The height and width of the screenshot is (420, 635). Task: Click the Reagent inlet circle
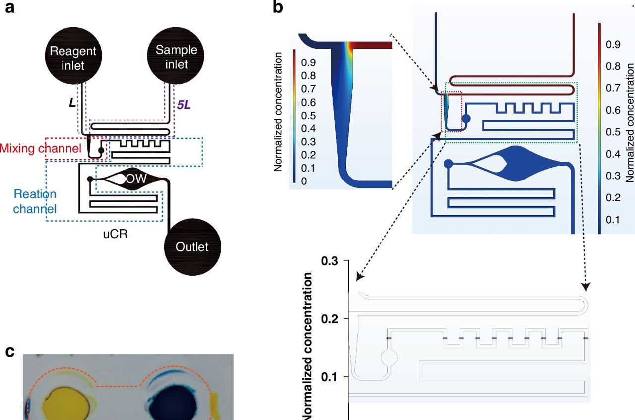pyautogui.click(x=73, y=58)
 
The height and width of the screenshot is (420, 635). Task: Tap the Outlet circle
pyautogui.click(x=192, y=246)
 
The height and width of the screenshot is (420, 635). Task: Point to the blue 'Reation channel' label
pyautogui.click(x=35, y=201)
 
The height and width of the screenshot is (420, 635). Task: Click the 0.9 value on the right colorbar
pyautogui.click(x=613, y=45)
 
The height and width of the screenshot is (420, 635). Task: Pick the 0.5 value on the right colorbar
pyautogui.click(x=613, y=132)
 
